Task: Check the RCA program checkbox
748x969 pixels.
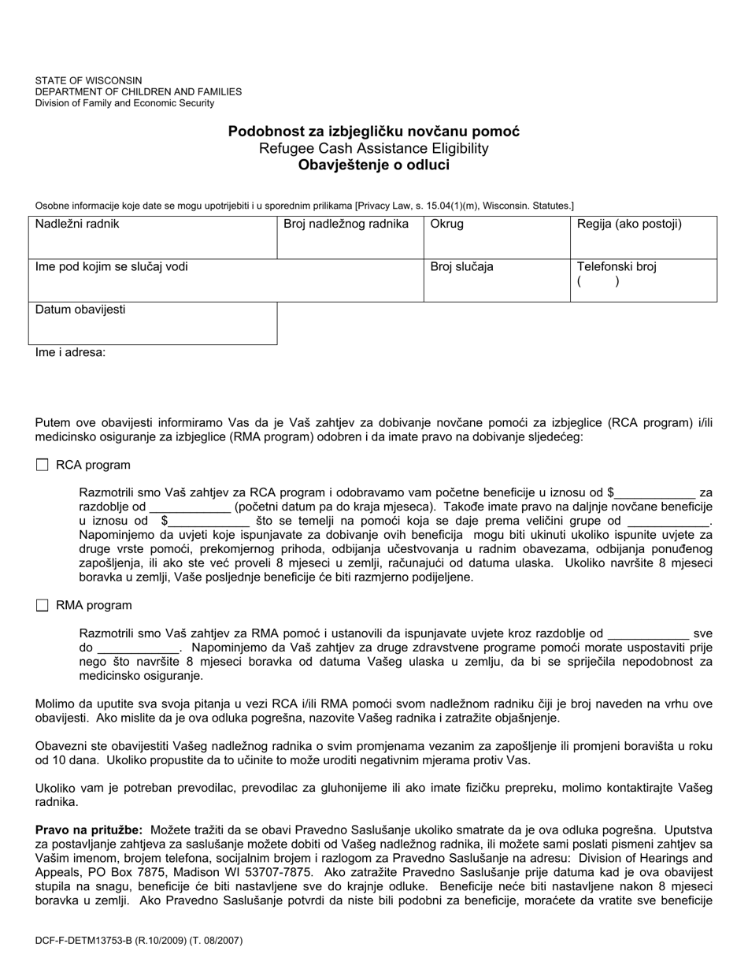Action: point(42,466)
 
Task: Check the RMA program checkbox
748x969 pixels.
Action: point(42,606)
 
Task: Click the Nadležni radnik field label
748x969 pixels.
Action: point(77,225)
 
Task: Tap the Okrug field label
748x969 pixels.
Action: point(446,225)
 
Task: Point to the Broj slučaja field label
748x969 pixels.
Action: point(461,267)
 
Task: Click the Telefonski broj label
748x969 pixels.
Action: point(617,267)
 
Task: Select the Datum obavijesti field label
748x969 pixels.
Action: point(80,310)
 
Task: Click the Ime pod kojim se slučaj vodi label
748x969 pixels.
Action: point(111,267)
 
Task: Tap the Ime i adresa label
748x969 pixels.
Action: point(70,353)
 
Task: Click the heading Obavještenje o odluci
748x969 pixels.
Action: point(374,165)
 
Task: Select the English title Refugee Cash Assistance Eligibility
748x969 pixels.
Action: point(374,149)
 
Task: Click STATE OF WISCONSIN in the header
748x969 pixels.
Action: point(88,80)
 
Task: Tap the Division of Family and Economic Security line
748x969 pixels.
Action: point(124,103)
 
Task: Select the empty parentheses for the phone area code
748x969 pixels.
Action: point(598,281)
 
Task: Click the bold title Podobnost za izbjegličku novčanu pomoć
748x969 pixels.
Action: point(374,132)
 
